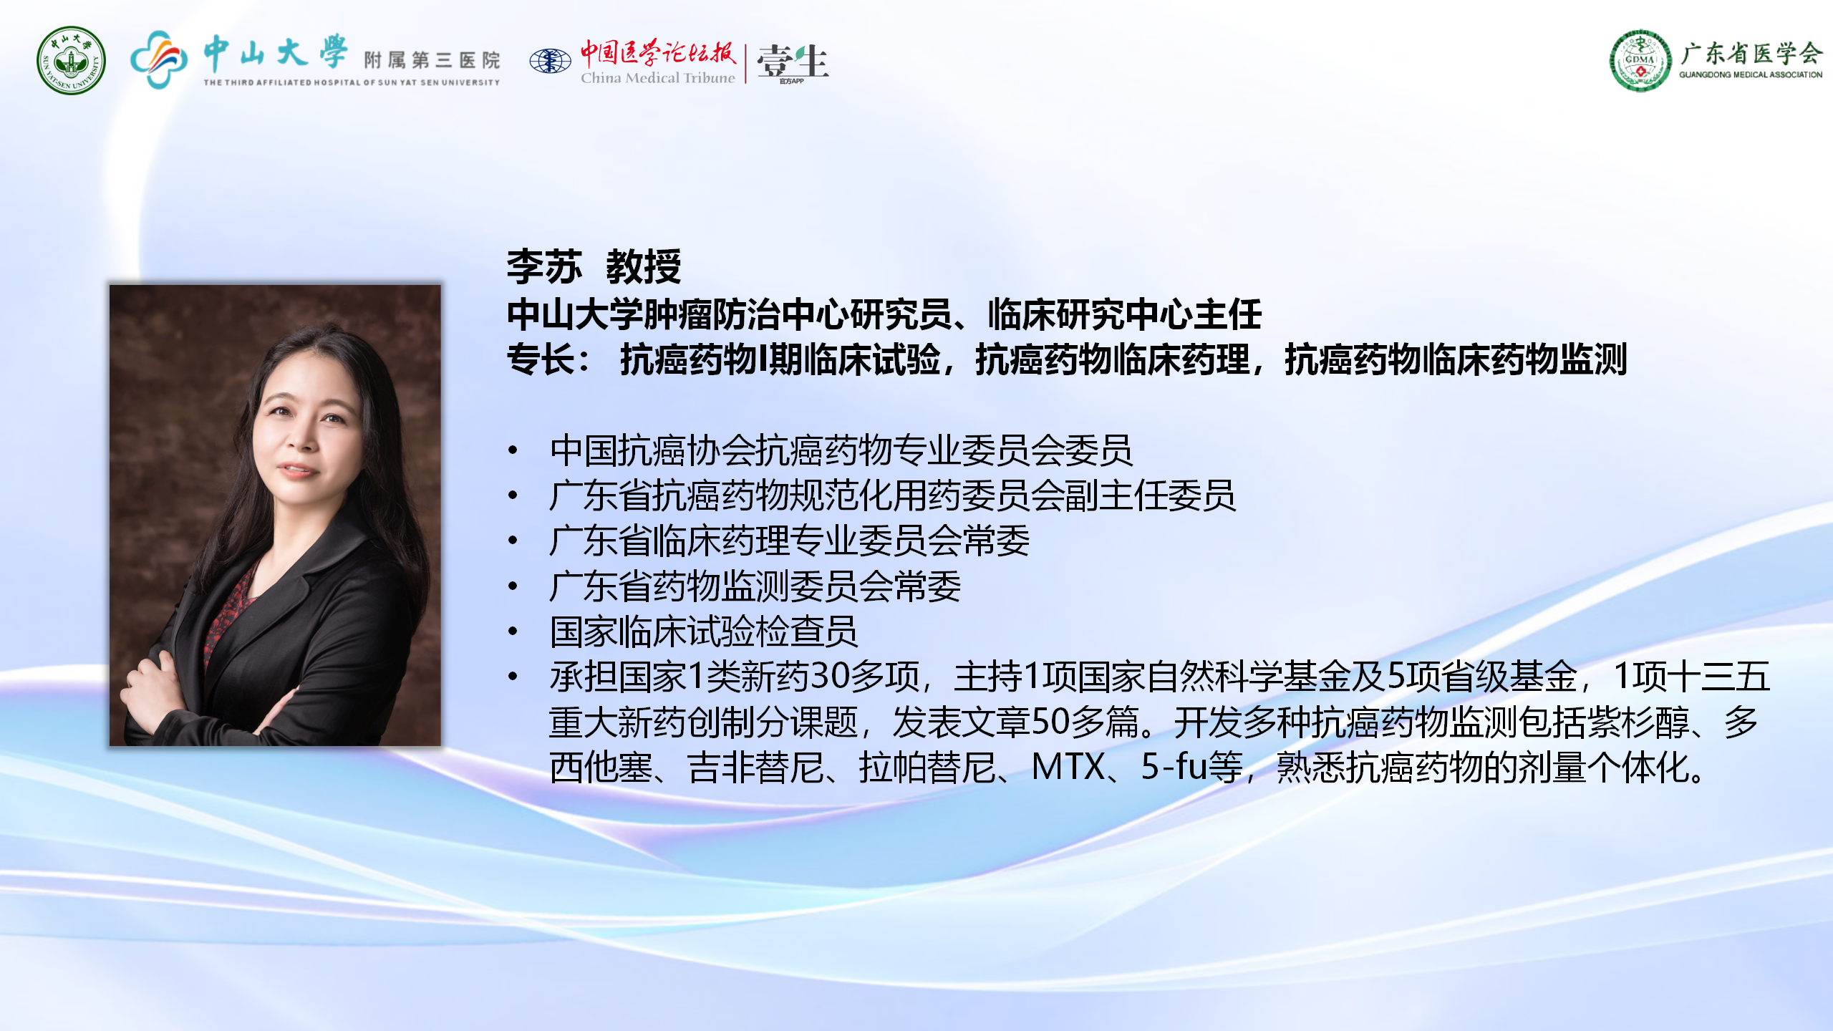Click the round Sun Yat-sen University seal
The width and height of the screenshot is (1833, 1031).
[x=71, y=61]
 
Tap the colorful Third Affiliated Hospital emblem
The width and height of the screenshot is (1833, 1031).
[x=159, y=59]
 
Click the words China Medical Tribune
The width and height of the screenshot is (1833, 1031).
[x=657, y=77]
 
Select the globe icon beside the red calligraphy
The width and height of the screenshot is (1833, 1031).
[x=550, y=61]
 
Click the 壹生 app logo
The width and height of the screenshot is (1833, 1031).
[x=793, y=63]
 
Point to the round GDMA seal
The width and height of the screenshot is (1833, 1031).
[x=1640, y=61]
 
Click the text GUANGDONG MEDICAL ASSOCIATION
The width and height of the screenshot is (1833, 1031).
[x=1751, y=74]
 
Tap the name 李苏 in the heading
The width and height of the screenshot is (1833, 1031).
[x=544, y=267]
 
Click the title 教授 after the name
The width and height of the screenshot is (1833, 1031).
[x=643, y=267]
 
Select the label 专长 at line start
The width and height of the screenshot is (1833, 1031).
[x=541, y=359]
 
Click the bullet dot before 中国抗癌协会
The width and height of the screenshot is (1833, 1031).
[x=513, y=450]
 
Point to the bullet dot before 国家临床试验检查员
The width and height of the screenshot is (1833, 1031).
[x=513, y=631]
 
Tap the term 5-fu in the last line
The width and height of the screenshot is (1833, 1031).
[x=1175, y=767]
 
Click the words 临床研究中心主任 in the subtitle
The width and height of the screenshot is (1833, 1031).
[x=1125, y=315]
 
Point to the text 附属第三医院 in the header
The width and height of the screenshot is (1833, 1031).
[x=432, y=60]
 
